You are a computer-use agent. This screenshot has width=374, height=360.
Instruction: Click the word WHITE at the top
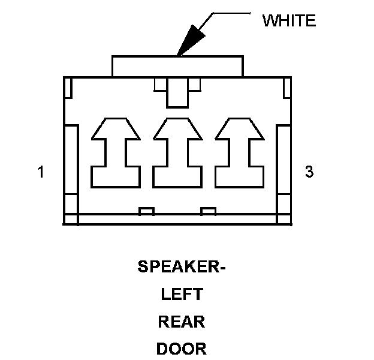click(x=289, y=20)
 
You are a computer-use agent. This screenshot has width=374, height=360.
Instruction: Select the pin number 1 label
click(x=41, y=172)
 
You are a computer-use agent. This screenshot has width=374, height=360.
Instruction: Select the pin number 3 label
click(x=309, y=172)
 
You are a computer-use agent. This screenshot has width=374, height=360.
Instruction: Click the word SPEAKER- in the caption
click(x=182, y=266)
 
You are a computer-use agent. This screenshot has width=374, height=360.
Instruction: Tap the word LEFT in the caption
click(x=182, y=295)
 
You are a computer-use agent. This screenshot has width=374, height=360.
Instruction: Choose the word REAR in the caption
click(x=182, y=322)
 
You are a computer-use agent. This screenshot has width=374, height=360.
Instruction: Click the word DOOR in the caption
click(x=182, y=349)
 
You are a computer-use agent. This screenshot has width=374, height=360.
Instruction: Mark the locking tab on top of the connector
click(x=177, y=66)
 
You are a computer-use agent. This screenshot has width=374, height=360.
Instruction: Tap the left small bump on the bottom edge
click(x=146, y=211)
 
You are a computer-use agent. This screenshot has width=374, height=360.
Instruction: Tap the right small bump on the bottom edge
click(x=208, y=211)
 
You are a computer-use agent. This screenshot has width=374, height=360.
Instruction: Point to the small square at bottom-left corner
click(x=71, y=220)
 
